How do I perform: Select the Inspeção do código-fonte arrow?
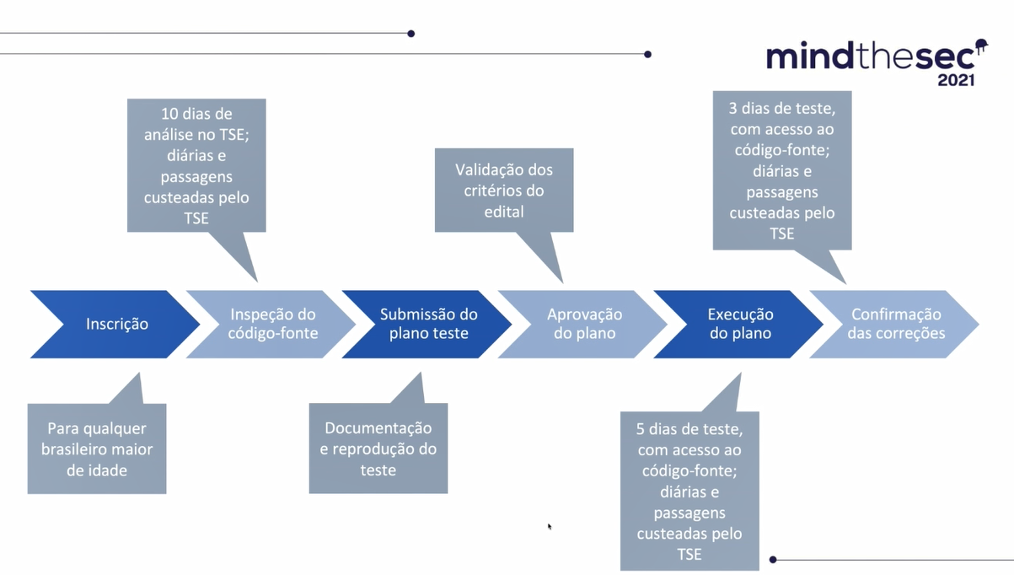coord(272,324)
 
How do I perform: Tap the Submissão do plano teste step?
coord(428,324)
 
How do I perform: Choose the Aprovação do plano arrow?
coord(584,324)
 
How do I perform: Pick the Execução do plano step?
coord(740,324)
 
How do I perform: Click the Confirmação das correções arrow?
coord(896,324)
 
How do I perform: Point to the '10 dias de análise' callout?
coord(196,166)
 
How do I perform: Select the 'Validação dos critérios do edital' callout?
coord(504,191)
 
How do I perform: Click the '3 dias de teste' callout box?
coord(782,170)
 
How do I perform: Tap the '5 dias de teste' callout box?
coord(689,492)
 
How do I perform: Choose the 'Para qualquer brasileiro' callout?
coord(97,449)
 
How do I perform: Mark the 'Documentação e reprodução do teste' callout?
coord(378,449)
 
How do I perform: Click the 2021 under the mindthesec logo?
coord(956,80)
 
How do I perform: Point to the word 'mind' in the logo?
coord(810,56)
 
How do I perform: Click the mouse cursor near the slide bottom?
coord(550,527)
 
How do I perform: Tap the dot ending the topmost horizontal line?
coord(411,34)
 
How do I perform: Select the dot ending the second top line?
coord(648,54)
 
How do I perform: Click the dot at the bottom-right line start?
coord(773,560)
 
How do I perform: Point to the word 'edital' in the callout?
coord(504,212)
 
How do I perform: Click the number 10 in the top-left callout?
coord(169,114)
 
